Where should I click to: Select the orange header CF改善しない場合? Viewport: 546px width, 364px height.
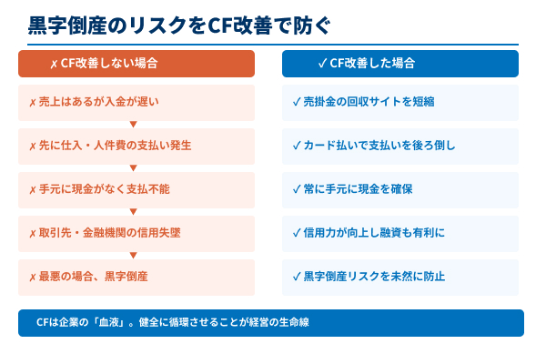click(136, 64)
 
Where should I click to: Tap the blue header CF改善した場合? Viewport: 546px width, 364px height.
click(400, 64)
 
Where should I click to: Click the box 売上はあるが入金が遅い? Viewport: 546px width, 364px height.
click(136, 102)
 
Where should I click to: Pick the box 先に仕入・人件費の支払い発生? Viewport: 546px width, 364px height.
click(136, 146)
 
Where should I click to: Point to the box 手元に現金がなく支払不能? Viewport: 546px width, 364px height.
click(136, 189)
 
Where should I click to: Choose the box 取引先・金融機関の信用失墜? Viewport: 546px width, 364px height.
click(136, 233)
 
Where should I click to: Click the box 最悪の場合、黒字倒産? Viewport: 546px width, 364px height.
click(136, 277)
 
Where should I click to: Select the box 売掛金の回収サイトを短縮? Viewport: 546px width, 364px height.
click(400, 102)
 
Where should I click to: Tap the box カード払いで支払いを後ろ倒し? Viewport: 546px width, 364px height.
click(400, 146)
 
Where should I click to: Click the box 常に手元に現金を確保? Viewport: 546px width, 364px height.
click(400, 189)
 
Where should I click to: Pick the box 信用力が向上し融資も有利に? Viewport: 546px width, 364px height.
click(400, 233)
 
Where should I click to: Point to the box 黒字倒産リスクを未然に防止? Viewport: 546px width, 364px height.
click(400, 277)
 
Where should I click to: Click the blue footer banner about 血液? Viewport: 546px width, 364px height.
click(271, 323)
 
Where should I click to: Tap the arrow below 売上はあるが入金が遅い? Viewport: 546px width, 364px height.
click(134, 124)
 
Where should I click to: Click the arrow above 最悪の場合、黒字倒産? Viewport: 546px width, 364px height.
click(134, 255)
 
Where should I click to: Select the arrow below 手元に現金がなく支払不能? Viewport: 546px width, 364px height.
click(134, 211)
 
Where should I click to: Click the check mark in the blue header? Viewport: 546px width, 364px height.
click(323, 64)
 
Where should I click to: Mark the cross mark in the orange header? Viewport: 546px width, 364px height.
click(54, 65)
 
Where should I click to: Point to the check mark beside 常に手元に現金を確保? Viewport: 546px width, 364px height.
click(296, 189)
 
